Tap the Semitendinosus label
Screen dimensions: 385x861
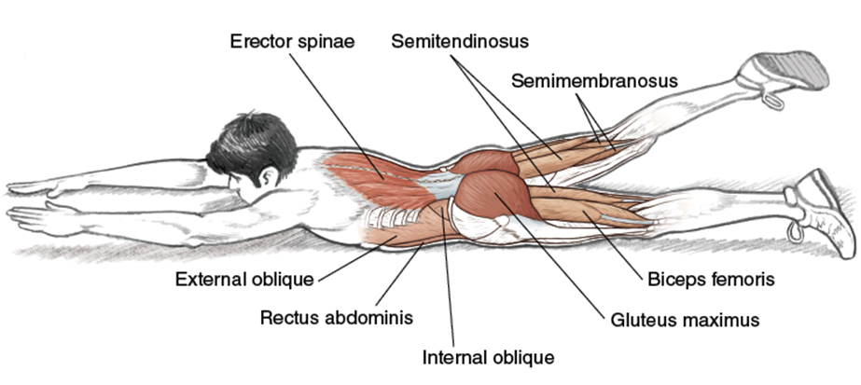(x=460, y=42)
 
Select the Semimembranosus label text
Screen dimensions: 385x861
(x=594, y=81)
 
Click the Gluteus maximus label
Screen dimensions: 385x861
(x=685, y=320)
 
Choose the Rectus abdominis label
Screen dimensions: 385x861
(x=335, y=317)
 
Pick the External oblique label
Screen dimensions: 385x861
(x=245, y=279)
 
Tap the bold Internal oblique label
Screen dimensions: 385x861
(x=489, y=357)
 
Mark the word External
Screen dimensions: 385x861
(x=208, y=279)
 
